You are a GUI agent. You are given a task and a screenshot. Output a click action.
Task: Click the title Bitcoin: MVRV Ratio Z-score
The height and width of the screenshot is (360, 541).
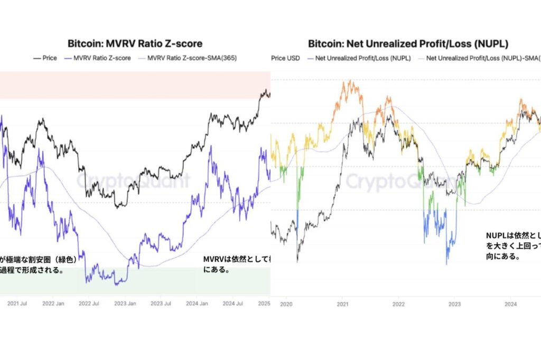(x=135, y=44)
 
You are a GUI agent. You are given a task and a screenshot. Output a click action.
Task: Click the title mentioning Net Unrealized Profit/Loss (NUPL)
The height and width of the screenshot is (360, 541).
(x=408, y=44)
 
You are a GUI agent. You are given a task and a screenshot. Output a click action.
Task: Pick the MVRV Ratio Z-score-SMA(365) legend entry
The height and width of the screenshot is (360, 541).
(x=192, y=58)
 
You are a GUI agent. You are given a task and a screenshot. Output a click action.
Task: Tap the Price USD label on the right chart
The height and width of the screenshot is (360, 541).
(x=285, y=58)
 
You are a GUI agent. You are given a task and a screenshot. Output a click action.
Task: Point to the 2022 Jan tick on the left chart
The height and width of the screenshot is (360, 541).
(x=53, y=304)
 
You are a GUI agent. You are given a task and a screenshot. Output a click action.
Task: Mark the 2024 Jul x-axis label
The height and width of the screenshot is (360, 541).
(x=233, y=304)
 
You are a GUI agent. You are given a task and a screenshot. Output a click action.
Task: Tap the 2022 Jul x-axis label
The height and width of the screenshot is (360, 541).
(x=89, y=304)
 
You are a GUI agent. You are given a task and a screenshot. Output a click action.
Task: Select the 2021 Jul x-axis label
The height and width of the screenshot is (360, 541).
(x=17, y=304)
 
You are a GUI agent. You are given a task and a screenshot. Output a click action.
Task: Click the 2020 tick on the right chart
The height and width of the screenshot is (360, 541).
(x=286, y=304)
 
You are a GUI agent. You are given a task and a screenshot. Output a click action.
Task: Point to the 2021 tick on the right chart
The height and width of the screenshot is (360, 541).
(x=342, y=304)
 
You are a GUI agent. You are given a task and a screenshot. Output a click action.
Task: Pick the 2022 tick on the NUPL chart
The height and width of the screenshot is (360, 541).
(x=398, y=304)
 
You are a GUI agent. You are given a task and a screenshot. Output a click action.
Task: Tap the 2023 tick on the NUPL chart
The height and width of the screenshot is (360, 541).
(x=454, y=304)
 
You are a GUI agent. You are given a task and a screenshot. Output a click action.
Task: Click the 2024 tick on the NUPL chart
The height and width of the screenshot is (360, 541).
(x=510, y=304)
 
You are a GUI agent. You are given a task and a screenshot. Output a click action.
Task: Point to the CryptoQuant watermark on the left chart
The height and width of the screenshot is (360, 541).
(x=132, y=181)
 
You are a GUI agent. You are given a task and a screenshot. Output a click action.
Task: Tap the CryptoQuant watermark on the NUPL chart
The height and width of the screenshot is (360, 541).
(x=402, y=181)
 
